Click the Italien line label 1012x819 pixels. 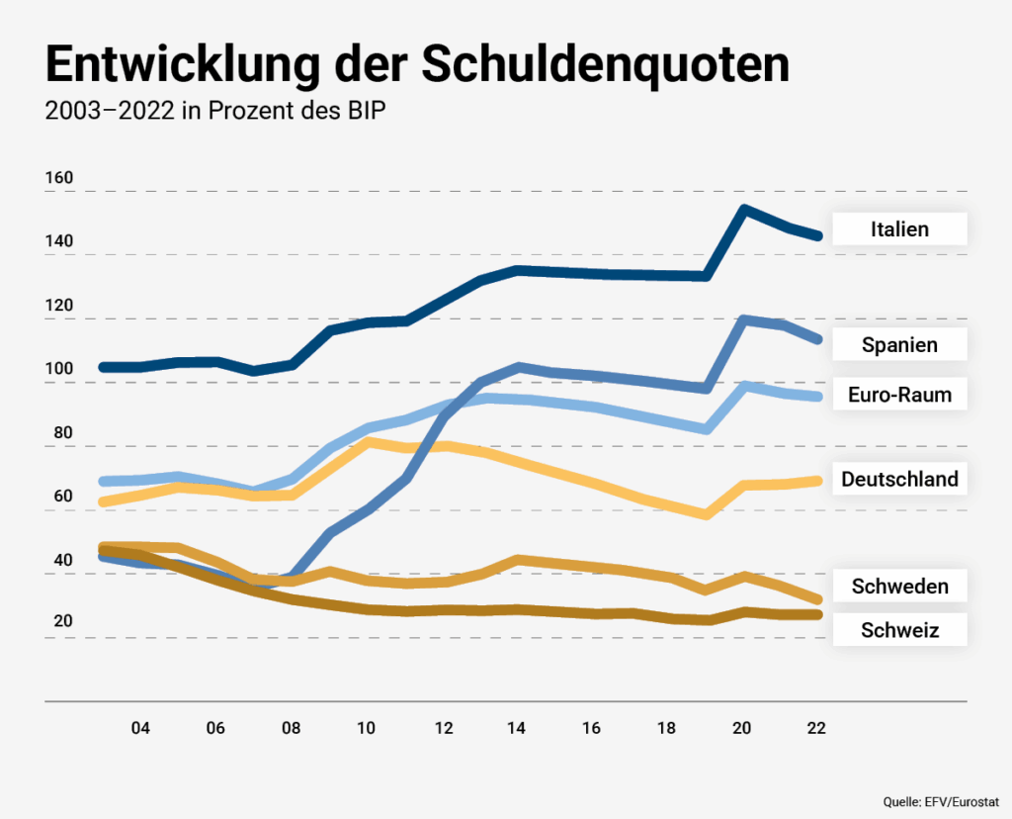pos(899,229)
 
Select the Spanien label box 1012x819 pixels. pos(899,345)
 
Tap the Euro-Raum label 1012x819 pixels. pos(899,395)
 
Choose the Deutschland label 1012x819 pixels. pos(899,480)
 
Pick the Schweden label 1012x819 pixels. pos(899,587)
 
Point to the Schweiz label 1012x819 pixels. pos(899,629)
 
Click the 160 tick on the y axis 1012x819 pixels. pos(59,178)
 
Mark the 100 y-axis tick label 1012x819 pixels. pos(59,370)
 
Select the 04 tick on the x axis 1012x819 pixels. pos(140,729)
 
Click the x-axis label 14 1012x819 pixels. pos(516,729)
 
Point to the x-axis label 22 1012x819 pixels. pos(816,729)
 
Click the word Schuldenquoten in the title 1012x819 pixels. pos(606,65)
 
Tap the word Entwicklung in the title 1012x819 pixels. pos(179,65)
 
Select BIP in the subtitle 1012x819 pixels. pos(364,111)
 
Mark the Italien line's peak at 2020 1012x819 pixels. pos(743,210)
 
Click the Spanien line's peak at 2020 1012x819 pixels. pos(743,319)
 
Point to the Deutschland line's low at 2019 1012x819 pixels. pos(706,514)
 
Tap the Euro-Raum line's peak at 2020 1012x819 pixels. pos(743,386)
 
